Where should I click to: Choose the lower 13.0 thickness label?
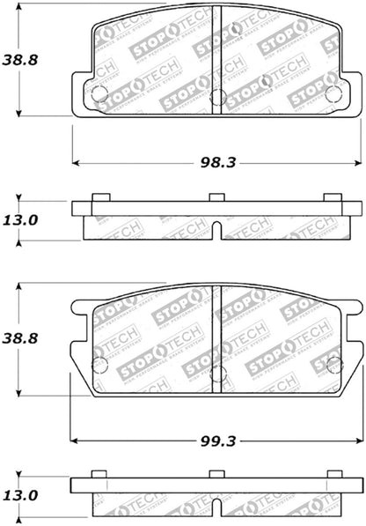point(21,497)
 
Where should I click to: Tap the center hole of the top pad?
point(216,96)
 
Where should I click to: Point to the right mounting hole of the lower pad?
point(333,363)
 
